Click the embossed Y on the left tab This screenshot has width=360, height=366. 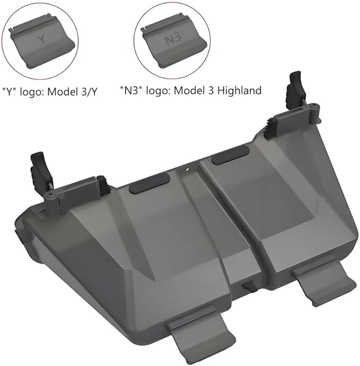pos(42,39)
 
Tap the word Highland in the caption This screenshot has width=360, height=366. pos(239,91)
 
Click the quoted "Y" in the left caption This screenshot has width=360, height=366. pos(10,92)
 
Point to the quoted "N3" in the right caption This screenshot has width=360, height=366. pos(131,90)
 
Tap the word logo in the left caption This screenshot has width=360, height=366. pos(31,92)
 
